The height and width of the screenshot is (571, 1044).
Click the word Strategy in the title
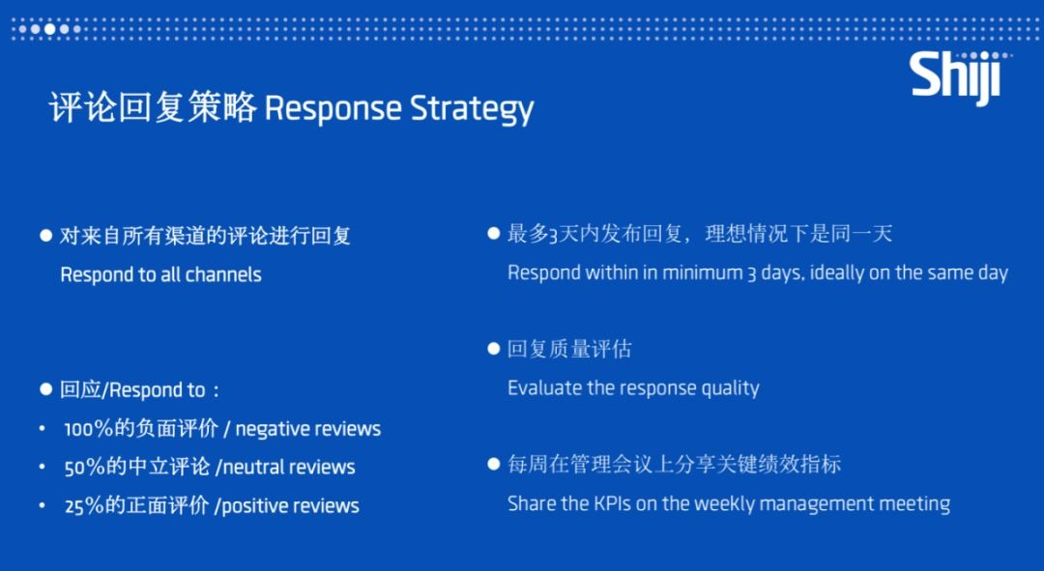472,109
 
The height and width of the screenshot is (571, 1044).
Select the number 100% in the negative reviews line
89,429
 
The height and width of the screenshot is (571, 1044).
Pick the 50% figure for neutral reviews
84,468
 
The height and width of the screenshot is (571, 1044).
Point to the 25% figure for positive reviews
84,506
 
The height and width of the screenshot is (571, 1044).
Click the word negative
267,430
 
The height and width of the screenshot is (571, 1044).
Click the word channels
223,274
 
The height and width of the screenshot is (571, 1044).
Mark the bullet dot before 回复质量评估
493,349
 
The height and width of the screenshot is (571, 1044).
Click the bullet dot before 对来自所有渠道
46,235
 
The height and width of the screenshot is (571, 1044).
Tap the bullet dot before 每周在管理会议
493,464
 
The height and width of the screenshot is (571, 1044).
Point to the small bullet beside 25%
42,506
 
